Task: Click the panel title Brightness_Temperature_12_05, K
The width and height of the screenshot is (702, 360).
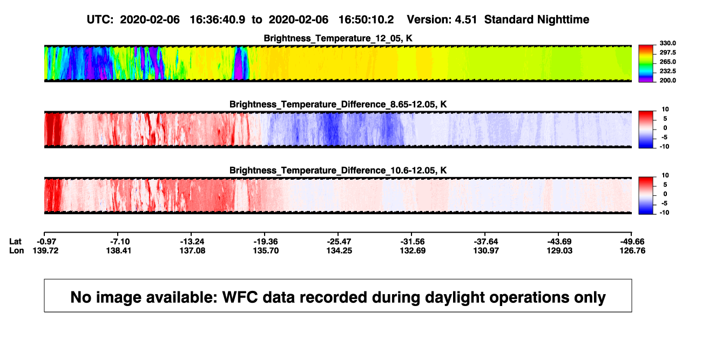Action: pos(338,38)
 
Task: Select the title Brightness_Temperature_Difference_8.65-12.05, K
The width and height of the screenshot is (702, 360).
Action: pos(338,104)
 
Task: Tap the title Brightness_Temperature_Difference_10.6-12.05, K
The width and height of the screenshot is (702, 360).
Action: pos(338,171)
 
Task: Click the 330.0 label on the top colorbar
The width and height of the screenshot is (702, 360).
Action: pos(667,43)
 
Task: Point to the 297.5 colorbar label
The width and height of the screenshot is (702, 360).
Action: pos(667,53)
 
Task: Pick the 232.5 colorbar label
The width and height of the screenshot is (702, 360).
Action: pos(667,71)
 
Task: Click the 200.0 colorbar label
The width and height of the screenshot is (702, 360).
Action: pos(667,80)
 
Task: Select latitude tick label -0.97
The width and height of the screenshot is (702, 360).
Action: pos(46,242)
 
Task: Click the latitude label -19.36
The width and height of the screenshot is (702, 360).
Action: pos(266,242)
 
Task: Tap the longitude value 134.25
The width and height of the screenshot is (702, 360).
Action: pos(339,250)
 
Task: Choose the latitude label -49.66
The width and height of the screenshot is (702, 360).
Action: pos(632,242)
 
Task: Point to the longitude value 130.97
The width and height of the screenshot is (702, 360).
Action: pos(486,250)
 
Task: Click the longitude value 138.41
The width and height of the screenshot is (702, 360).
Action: pos(118,250)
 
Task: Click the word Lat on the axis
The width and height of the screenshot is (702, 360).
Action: pos(15,242)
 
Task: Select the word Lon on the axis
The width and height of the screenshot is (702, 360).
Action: pos(16,250)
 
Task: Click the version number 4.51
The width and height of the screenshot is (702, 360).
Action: pos(465,20)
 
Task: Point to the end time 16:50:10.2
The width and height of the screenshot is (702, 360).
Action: pos(366,20)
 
